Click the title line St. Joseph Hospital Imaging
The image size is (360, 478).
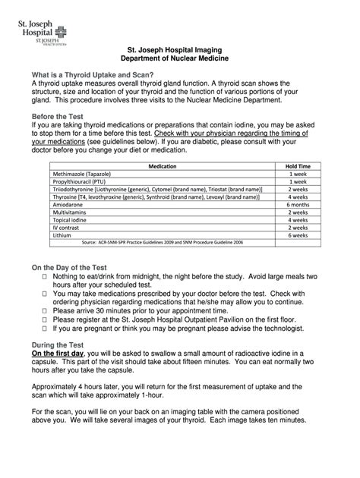179,49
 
